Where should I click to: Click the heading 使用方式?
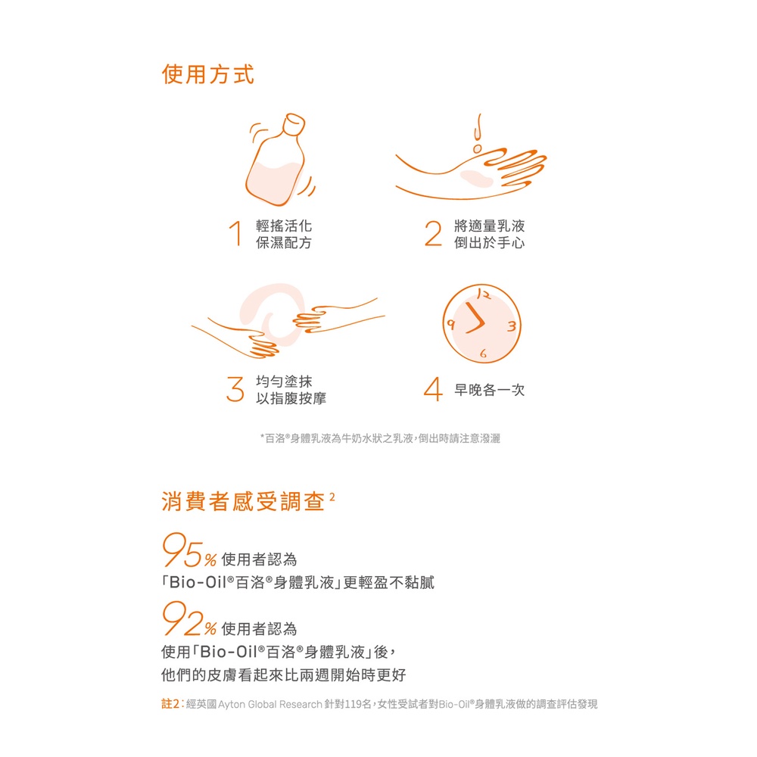207,74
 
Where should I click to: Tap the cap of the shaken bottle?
294,124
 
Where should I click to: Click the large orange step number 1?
235,233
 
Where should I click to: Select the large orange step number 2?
433,233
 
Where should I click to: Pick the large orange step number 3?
235,389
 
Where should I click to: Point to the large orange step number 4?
433,389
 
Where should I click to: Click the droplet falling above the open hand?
478,148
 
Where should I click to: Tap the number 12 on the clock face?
483,294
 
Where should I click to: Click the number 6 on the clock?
483,354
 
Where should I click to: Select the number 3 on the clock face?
512,326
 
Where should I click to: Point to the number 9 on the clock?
451,324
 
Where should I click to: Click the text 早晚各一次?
489,390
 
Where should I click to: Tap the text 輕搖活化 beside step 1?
284,226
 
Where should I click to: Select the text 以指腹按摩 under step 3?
291,398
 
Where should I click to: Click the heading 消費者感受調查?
243,502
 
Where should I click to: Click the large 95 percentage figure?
182,550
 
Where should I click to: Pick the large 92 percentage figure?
182,619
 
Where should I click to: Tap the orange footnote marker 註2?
171,704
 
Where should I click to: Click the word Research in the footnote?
301,704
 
